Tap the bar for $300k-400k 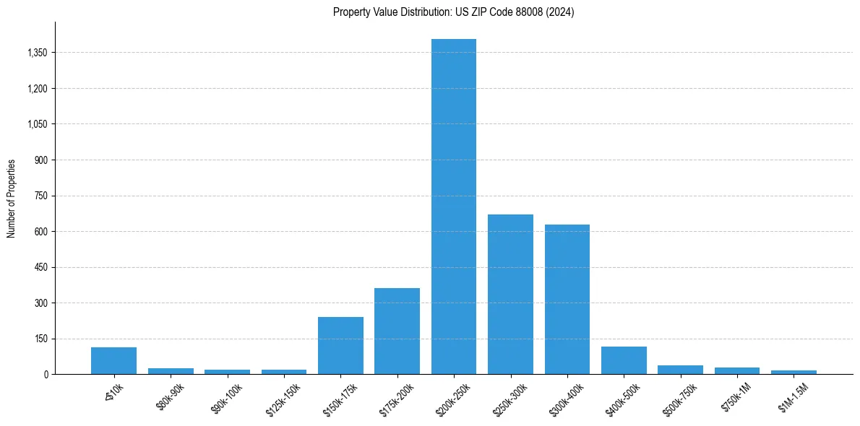(567, 300)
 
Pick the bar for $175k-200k (397, 331)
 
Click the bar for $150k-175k (340, 346)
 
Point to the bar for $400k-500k (624, 360)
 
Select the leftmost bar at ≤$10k (113, 361)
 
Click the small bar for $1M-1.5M (794, 372)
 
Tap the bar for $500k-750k (680, 370)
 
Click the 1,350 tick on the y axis (37, 53)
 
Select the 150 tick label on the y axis (41, 339)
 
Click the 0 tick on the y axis (46, 374)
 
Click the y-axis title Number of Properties (12, 198)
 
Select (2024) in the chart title (561, 12)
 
